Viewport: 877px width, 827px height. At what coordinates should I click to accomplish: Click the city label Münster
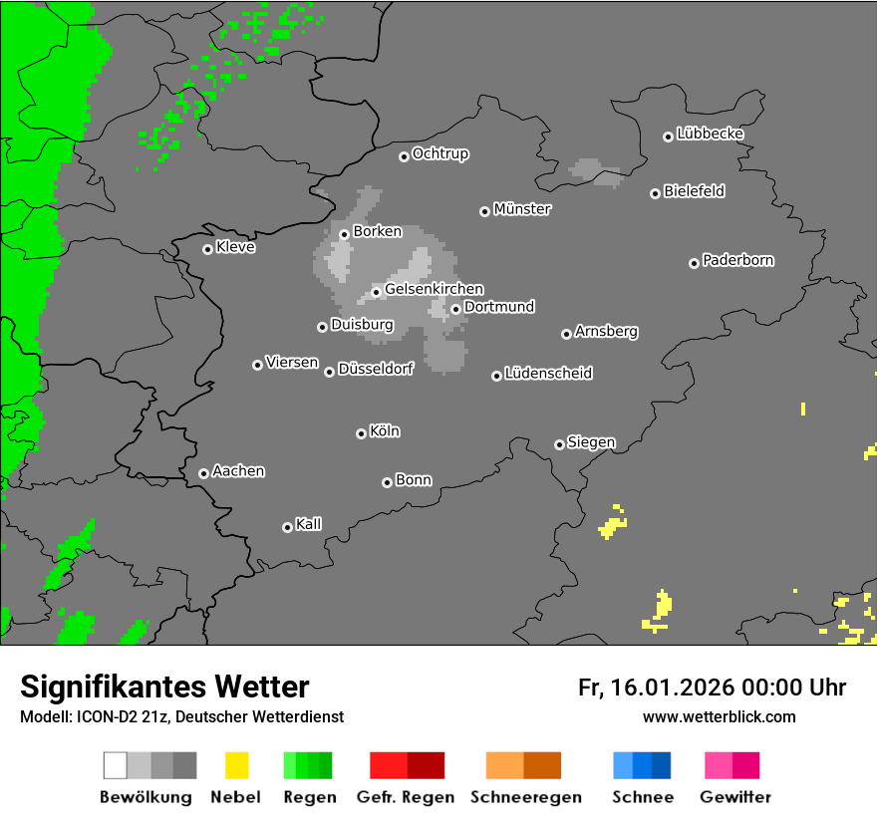pyautogui.click(x=522, y=209)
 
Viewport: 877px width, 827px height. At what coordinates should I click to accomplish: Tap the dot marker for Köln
pyautogui.click(x=361, y=433)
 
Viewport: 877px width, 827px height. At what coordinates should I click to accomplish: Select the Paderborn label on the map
pyautogui.click(x=737, y=261)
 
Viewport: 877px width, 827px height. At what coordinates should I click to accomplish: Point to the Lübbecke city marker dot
pyautogui.click(x=668, y=137)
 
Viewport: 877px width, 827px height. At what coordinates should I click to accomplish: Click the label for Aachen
pyautogui.click(x=238, y=471)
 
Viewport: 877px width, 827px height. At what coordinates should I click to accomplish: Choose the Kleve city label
pyautogui.click(x=235, y=247)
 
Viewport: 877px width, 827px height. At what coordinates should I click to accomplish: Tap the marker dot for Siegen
pyautogui.click(x=559, y=444)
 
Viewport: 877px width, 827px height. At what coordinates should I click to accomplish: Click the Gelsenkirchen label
pyautogui.click(x=434, y=290)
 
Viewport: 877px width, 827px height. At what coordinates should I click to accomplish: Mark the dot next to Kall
pyautogui.click(x=287, y=527)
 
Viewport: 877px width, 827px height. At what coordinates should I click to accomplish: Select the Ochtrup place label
pyautogui.click(x=439, y=154)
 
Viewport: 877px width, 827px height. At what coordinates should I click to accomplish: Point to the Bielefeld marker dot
pyautogui.click(x=655, y=193)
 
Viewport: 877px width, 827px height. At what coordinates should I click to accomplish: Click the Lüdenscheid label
pyautogui.click(x=548, y=374)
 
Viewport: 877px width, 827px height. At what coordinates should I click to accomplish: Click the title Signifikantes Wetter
pyautogui.click(x=164, y=687)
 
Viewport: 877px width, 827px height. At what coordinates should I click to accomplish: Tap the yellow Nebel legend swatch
pyautogui.click(x=236, y=765)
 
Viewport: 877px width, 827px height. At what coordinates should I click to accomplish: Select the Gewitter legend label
pyautogui.click(x=735, y=797)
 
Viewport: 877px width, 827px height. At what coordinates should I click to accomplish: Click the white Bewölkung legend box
pyautogui.click(x=115, y=765)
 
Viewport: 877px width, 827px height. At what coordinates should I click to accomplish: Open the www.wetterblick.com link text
pyautogui.click(x=719, y=716)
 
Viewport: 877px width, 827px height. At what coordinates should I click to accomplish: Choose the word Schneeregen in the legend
pyautogui.click(x=525, y=797)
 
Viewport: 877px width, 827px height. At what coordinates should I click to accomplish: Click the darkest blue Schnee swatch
pyautogui.click(x=661, y=765)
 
